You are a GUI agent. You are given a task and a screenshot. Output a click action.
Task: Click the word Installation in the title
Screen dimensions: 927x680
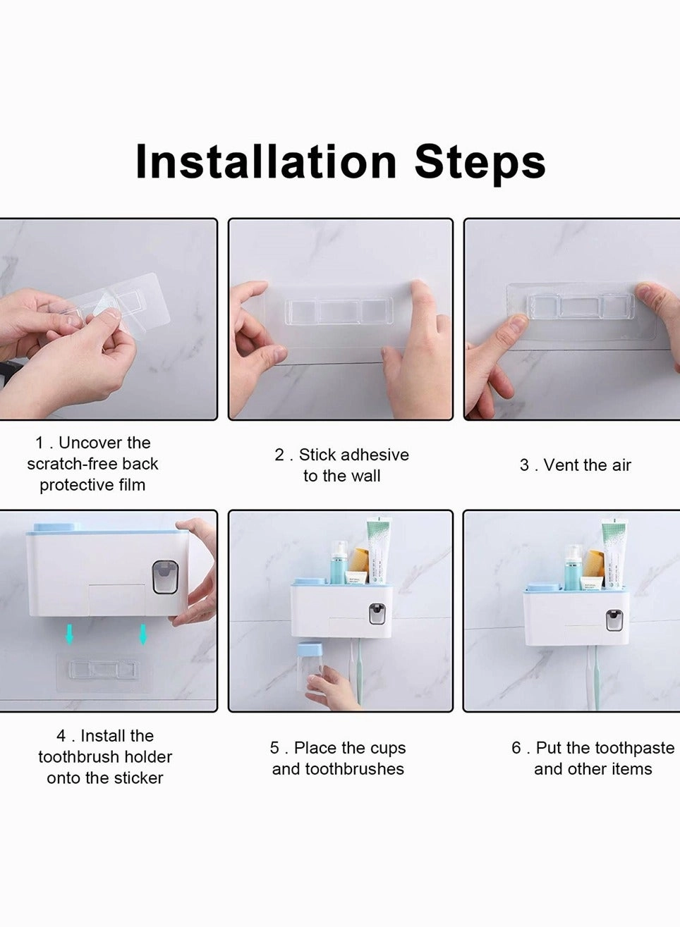tap(266, 162)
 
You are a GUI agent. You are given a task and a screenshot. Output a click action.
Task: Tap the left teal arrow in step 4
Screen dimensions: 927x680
tap(69, 634)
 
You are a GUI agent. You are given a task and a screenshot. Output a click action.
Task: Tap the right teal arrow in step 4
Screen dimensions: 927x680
tap(143, 634)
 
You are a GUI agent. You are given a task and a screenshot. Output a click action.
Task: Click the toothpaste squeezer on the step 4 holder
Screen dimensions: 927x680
tap(165, 577)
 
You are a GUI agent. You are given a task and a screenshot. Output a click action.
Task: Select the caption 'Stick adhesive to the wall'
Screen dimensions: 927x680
tap(341, 465)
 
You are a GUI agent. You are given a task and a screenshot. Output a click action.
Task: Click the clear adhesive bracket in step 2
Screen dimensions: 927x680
tap(338, 312)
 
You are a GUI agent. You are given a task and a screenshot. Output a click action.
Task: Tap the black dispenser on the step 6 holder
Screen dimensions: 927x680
tap(614, 620)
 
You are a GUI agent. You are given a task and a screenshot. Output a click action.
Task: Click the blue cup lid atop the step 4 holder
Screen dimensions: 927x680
tap(54, 527)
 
